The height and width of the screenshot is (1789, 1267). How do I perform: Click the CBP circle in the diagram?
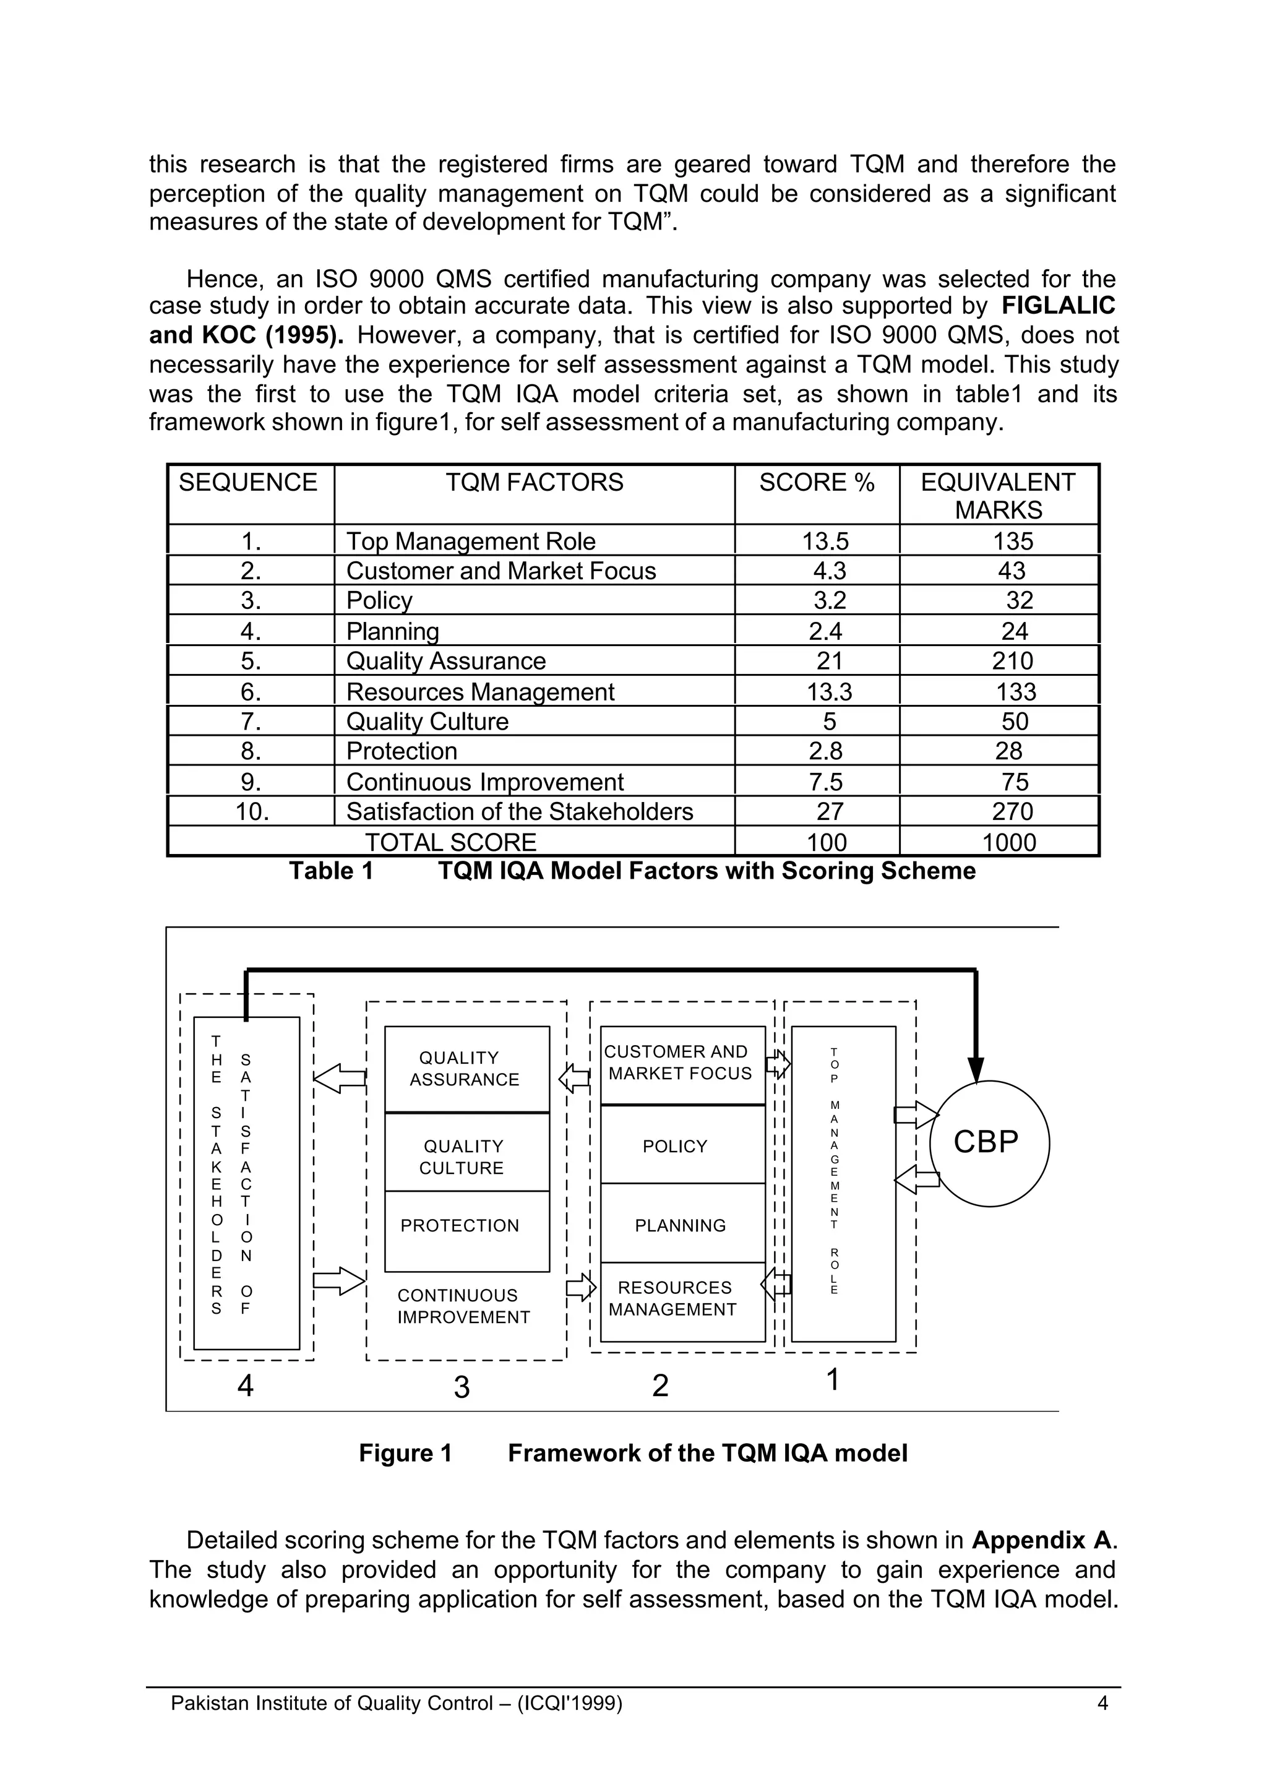click(989, 1143)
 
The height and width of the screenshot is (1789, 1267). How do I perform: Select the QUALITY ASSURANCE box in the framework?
click(466, 1069)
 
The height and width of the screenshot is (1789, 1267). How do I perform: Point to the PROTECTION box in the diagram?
click(466, 1226)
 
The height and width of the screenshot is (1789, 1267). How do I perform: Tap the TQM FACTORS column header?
click(535, 482)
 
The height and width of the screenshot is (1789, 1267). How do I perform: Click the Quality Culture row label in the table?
click(427, 721)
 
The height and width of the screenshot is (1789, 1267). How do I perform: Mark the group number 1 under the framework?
click(833, 1380)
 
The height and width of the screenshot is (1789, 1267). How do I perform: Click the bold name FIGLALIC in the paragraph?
click(1058, 306)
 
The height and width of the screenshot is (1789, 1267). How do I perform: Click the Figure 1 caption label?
click(405, 1454)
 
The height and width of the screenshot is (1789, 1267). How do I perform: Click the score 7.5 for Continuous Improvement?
click(825, 782)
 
